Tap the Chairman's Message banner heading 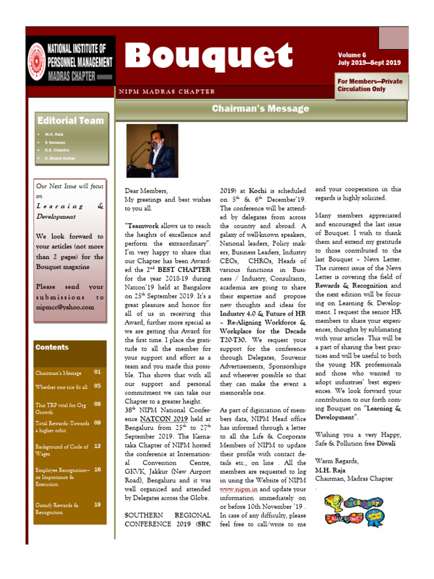coord(261,109)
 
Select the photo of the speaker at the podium coord(151,151)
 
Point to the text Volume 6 coord(352,55)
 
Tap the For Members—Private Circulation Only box coord(370,85)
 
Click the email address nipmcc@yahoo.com coord(65,307)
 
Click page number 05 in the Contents coord(97,386)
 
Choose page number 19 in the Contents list coord(97,504)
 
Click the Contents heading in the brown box coord(52,347)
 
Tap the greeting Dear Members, coord(146,191)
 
